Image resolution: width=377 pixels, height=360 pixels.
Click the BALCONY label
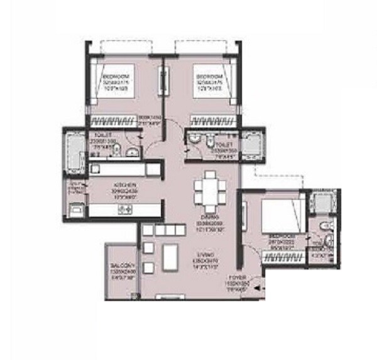119,266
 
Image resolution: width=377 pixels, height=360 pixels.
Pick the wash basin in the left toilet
133,151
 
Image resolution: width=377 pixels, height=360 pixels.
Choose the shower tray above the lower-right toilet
324,202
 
